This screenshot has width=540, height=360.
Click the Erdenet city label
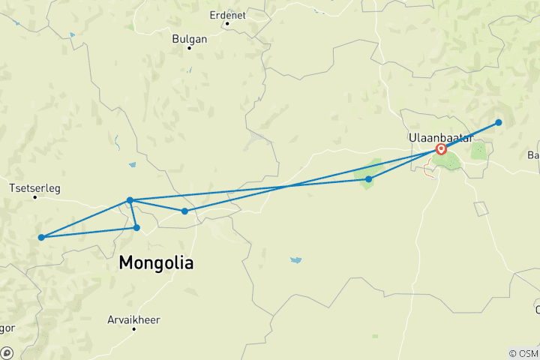click(229, 13)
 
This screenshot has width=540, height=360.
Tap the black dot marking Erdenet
click(226, 23)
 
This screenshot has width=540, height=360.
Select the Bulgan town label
click(188, 38)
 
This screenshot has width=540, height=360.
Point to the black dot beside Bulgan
click(189, 48)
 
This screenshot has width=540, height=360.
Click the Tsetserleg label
click(34, 187)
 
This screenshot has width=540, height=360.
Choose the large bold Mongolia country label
click(156, 264)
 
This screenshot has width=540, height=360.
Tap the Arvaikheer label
click(135, 319)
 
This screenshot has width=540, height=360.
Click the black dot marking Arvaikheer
click(134, 328)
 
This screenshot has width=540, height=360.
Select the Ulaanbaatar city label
click(441, 138)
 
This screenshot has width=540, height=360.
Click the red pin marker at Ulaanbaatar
click(441, 148)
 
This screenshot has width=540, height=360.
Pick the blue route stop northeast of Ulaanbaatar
click(499, 122)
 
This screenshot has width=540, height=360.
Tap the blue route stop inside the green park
click(369, 179)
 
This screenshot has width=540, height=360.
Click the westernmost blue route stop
click(41, 238)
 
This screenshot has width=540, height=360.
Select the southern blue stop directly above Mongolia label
click(136, 227)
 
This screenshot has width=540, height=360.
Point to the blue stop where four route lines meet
click(130, 200)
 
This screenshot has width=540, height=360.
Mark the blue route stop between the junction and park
click(184, 211)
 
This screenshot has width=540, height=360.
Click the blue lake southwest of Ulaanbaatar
click(296, 260)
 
